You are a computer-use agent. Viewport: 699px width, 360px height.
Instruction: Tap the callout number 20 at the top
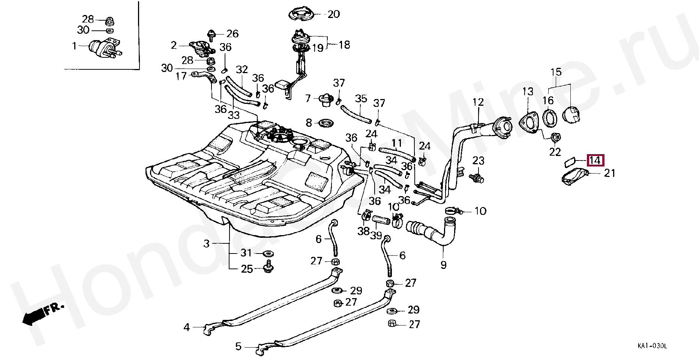point(333,14)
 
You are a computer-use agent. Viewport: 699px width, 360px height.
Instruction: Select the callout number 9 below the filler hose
point(444,265)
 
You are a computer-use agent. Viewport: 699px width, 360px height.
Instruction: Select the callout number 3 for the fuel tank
point(207,244)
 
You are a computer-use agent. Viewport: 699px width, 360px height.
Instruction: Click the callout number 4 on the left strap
point(187,327)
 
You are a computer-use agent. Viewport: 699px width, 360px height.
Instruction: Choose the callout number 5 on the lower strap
point(238,346)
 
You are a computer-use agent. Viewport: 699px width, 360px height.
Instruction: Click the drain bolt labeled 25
point(268,266)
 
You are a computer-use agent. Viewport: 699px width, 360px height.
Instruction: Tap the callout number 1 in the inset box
point(74,46)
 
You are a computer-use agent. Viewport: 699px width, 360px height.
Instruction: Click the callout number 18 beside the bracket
point(344,45)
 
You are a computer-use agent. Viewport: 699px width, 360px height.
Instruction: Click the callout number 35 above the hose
point(361,99)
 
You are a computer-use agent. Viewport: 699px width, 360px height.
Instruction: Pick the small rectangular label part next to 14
point(570,162)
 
